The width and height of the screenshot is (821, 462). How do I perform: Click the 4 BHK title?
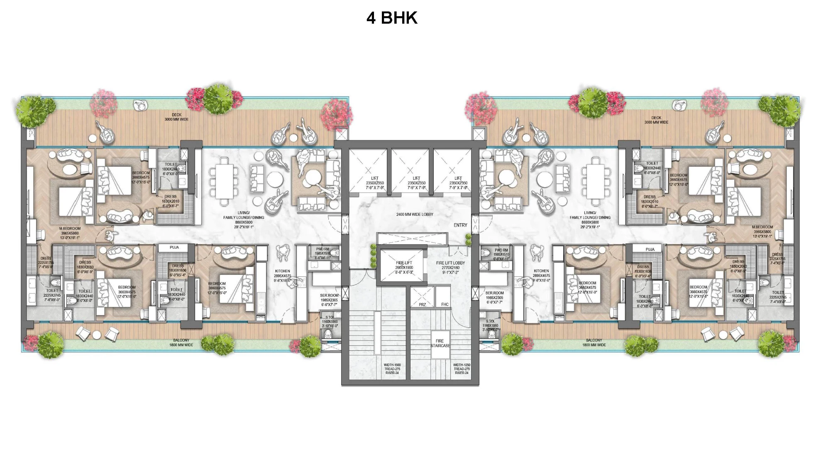[x=391, y=18]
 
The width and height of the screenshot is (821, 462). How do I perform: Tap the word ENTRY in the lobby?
[x=460, y=225]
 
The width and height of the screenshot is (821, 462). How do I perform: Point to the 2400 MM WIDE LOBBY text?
[x=415, y=215]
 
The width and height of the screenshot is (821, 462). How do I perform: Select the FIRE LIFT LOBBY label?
[x=450, y=263]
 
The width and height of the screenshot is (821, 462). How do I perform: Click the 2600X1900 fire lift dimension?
[x=404, y=268]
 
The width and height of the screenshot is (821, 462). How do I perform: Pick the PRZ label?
[x=422, y=305]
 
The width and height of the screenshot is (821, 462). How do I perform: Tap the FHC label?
[x=445, y=305]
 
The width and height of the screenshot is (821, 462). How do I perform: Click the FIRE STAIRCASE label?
[x=440, y=343]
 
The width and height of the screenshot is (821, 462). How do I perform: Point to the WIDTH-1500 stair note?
[x=392, y=365]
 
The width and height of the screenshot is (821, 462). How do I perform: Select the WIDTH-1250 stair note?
[x=461, y=365]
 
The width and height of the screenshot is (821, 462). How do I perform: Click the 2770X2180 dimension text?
[x=450, y=268]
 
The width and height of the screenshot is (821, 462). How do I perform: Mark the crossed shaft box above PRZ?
[x=422, y=294]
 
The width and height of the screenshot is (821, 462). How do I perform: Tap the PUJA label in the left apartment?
[x=174, y=247]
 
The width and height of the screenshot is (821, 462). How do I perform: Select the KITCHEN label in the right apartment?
[x=541, y=271]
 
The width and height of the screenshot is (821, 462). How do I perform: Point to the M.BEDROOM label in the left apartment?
[x=70, y=228]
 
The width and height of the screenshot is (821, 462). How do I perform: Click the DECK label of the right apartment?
[x=656, y=118]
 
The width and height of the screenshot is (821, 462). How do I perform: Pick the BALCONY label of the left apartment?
[x=181, y=340]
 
